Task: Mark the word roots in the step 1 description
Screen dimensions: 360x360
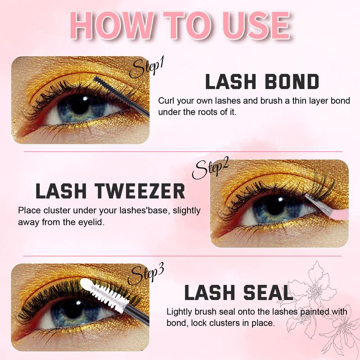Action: pos(203,111)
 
